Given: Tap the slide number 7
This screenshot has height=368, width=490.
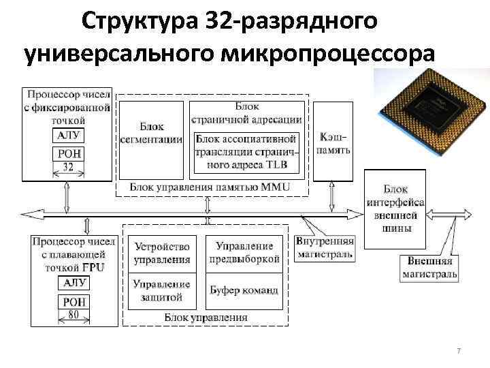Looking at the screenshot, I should [459, 350].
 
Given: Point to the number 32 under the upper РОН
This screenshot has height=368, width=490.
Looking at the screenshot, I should [67, 166].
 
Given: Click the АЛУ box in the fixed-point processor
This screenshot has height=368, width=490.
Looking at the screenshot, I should [67, 135].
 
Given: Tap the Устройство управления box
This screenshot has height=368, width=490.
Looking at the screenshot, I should [162, 253].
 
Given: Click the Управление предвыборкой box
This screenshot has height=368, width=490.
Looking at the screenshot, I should [244, 253].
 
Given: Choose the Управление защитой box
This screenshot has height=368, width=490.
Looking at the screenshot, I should [162, 290].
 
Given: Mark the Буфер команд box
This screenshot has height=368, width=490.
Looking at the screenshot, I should [244, 290].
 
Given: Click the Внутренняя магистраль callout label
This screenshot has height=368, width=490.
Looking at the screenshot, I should [325, 248].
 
